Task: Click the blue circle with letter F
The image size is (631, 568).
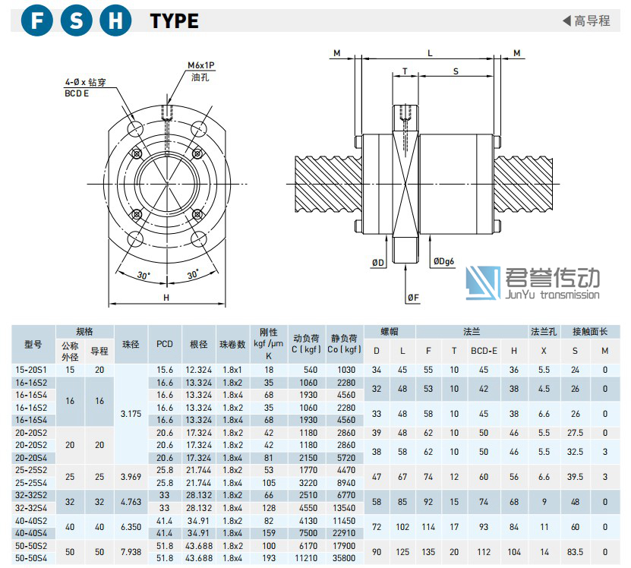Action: [x=36, y=21]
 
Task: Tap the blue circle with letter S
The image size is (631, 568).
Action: [x=76, y=21]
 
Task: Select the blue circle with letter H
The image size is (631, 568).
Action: [x=115, y=21]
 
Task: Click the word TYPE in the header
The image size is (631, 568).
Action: [x=174, y=21]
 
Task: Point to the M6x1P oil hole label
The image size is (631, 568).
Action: [x=200, y=65]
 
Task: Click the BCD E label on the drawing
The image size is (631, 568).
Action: [x=77, y=93]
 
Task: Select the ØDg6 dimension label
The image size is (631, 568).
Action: [x=443, y=261]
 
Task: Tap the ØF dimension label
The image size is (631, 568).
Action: [x=413, y=298]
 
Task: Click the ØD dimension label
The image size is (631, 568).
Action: [x=378, y=263]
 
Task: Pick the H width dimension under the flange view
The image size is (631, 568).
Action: [x=166, y=298]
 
